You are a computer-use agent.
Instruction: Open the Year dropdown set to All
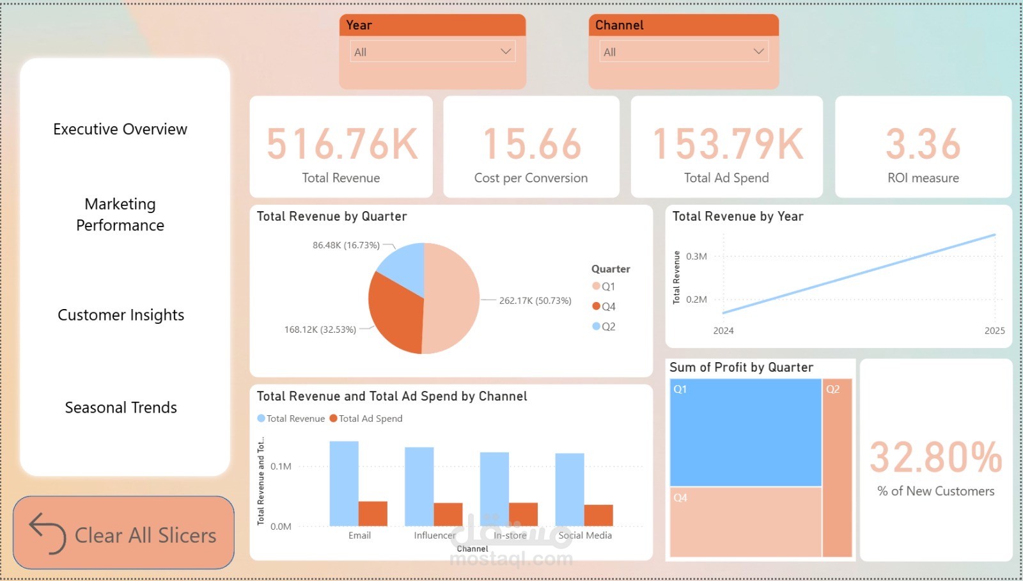tap(432, 52)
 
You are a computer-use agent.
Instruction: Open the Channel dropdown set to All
tap(683, 52)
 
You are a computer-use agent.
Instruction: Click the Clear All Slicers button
tap(123, 533)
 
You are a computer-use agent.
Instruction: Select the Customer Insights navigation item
tap(121, 315)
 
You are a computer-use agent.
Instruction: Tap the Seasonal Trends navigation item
tap(121, 408)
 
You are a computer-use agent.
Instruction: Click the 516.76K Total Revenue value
tap(341, 144)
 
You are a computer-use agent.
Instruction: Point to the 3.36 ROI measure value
tap(923, 144)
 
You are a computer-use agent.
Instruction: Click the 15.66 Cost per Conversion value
tap(531, 144)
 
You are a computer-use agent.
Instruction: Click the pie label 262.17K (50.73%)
tap(535, 301)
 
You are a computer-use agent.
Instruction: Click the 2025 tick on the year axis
tap(994, 331)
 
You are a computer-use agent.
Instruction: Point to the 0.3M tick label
tap(696, 257)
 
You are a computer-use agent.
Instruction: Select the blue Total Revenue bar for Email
tap(344, 483)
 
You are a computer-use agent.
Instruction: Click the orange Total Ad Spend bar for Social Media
tap(598, 515)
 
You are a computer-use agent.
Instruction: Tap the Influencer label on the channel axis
tap(435, 536)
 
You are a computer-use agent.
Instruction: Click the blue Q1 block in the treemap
tap(746, 433)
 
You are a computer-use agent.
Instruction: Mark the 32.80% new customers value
tap(935, 458)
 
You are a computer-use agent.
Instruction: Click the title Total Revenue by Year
tap(738, 216)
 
